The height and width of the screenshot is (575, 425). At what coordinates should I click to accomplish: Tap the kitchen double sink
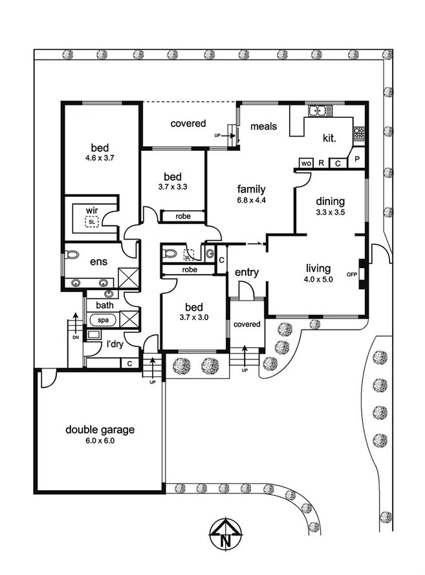click(320, 110)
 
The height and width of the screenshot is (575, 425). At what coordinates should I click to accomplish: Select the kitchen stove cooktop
click(359, 133)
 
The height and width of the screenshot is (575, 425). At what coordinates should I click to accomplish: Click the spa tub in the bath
click(103, 320)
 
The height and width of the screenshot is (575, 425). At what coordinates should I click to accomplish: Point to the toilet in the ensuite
click(72, 255)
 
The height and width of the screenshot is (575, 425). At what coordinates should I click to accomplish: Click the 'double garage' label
click(100, 429)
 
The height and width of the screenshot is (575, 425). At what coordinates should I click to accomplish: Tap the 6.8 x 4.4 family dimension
click(251, 200)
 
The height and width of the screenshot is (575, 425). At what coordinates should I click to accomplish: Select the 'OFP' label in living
click(352, 275)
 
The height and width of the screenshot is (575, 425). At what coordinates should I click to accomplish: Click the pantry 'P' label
click(357, 159)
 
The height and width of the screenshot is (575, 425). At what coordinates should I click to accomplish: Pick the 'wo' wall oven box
click(306, 163)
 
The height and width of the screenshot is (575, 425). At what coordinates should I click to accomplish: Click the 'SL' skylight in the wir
click(92, 222)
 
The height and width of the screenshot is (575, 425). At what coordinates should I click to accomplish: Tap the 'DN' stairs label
click(76, 337)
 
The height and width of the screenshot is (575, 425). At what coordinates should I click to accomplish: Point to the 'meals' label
click(264, 126)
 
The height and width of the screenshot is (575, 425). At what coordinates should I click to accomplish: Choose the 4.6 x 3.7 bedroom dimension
click(100, 158)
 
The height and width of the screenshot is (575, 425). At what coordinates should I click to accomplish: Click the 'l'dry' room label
click(114, 344)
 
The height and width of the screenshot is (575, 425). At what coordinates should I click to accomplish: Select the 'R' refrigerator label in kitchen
click(321, 163)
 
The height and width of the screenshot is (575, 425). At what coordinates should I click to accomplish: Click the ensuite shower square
click(129, 278)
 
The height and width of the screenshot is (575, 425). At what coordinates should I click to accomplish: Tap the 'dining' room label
click(331, 201)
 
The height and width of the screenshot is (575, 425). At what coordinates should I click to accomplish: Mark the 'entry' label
click(246, 272)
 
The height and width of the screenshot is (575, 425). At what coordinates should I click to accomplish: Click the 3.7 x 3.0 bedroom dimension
click(194, 317)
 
